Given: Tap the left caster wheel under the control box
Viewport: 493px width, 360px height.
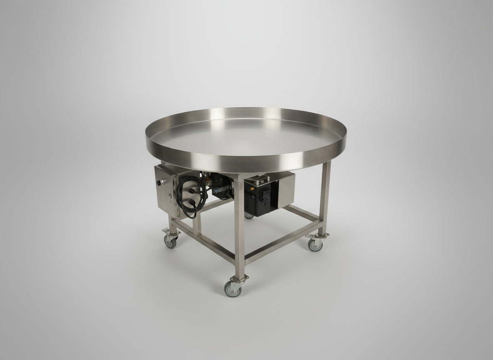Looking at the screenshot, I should [x=171, y=241].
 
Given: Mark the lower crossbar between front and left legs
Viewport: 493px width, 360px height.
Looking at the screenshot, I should [x=204, y=242].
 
